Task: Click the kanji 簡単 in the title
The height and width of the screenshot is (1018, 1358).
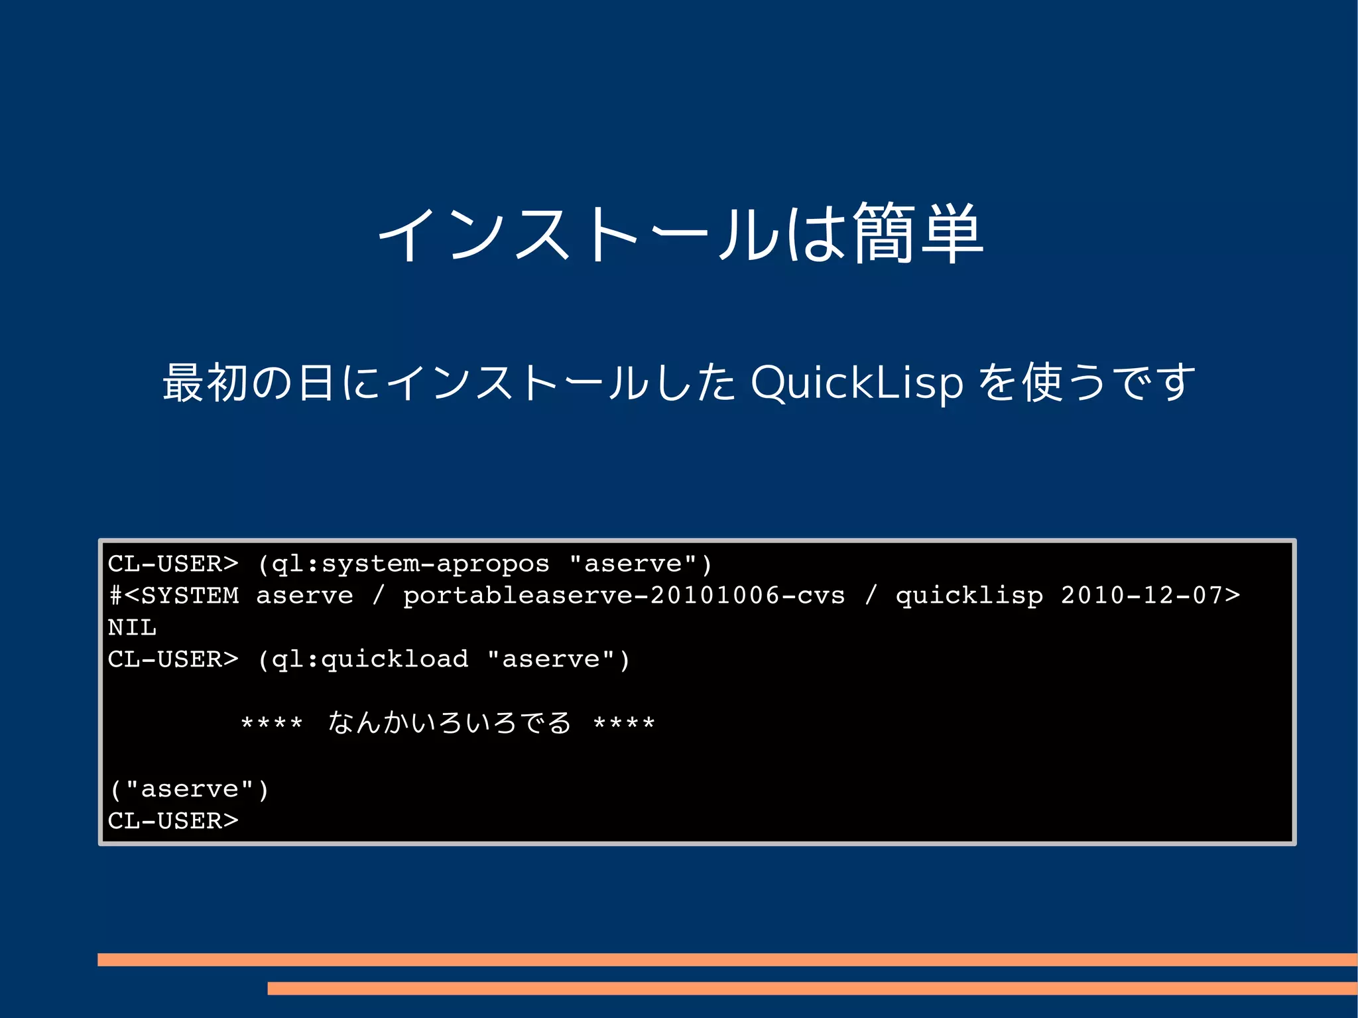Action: pyautogui.click(x=918, y=233)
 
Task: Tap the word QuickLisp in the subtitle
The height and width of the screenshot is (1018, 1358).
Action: pyautogui.click(x=857, y=383)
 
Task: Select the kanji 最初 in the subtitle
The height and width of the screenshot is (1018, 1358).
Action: pyautogui.click(x=204, y=383)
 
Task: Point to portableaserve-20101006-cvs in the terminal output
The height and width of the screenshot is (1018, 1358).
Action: pyautogui.click(x=624, y=596)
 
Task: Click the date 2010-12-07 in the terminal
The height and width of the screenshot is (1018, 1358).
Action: pyautogui.click(x=1141, y=596)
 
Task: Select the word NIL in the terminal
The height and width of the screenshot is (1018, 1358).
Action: pyautogui.click(x=132, y=627)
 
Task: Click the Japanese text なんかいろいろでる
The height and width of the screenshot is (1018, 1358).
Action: pyautogui.click(x=449, y=723)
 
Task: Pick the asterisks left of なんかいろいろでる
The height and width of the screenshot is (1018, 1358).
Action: pyautogui.click(x=272, y=723)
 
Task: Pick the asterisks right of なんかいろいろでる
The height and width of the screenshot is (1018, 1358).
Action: pyautogui.click(x=624, y=723)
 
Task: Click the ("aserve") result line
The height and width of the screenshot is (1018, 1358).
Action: pyautogui.click(x=189, y=789)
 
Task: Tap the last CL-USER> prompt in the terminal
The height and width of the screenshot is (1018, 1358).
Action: pyautogui.click(x=172, y=821)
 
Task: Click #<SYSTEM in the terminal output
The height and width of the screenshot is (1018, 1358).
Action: pyautogui.click(x=174, y=596)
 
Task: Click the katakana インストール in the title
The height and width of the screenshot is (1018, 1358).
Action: pyautogui.click(x=577, y=233)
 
